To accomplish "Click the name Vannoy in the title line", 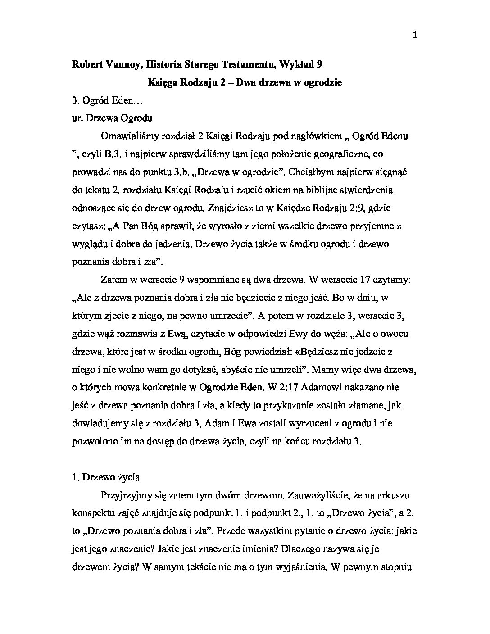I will tap(117, 64).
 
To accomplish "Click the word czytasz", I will tap(86, 226).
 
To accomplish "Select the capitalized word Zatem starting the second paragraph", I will tap(113, 280).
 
